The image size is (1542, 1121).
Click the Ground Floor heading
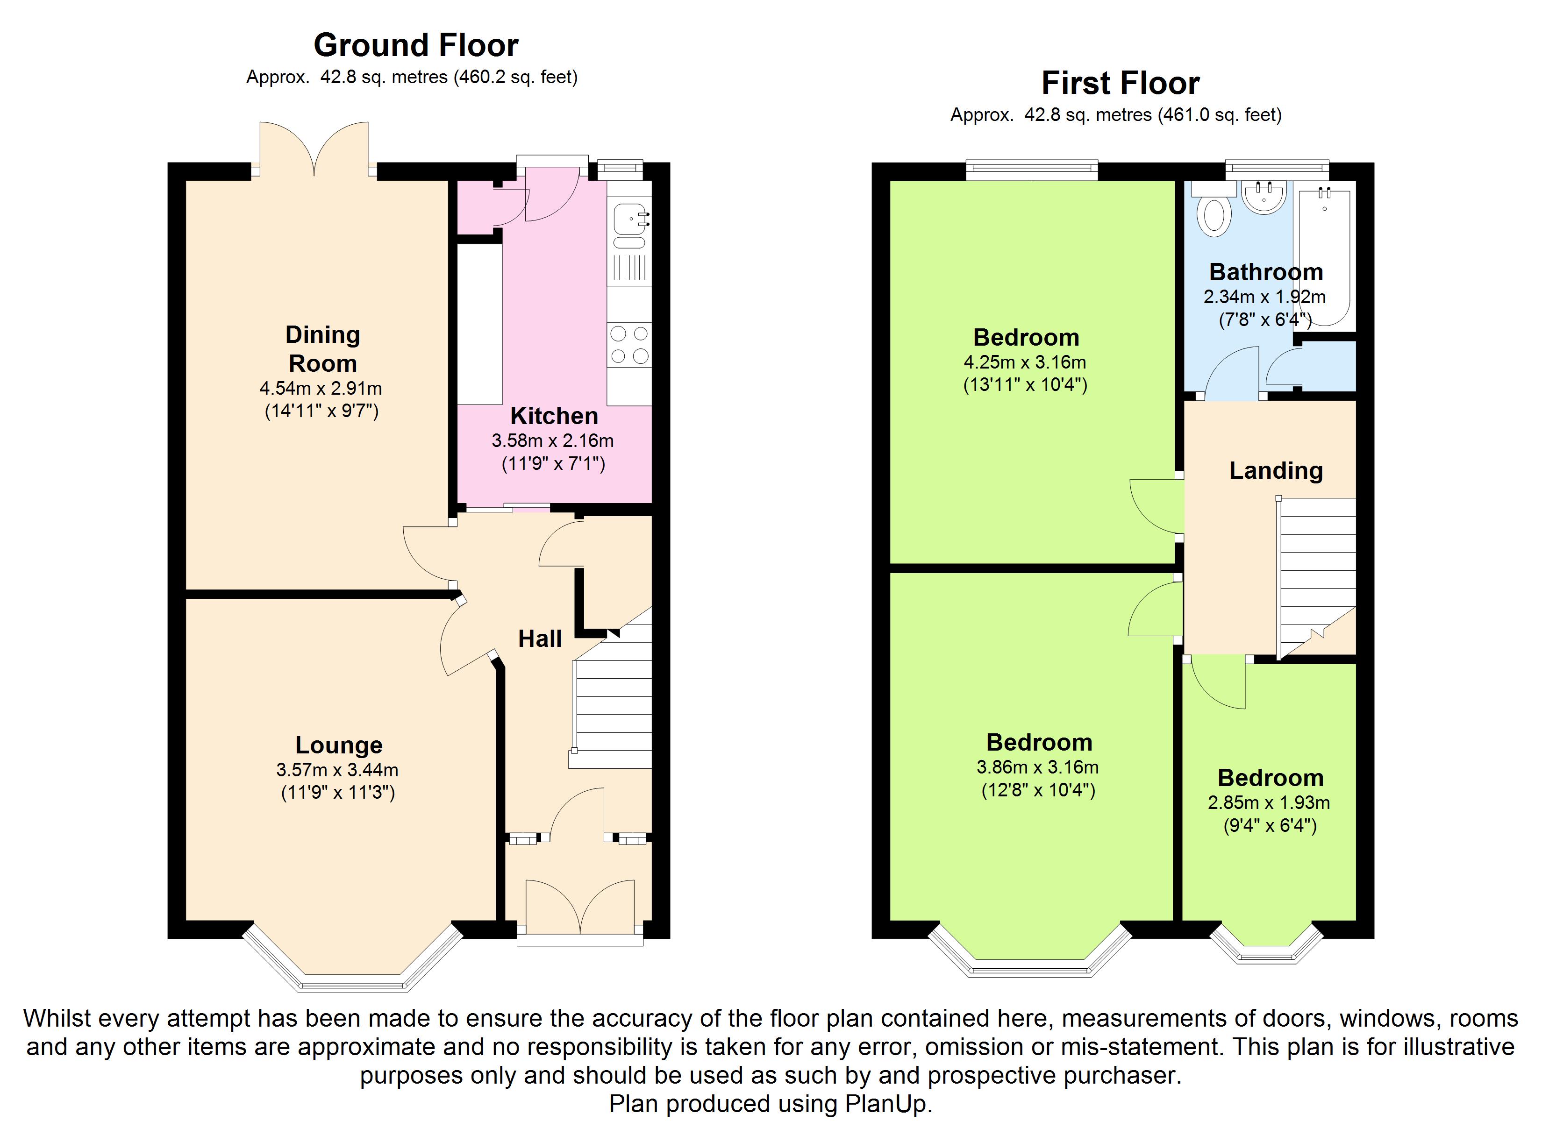(416, 46)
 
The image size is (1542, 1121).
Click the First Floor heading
(1121, 84)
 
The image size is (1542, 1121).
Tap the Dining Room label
(323, 349)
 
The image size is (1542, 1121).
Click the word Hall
(540, 639)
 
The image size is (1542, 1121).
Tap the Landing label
(1276, 470)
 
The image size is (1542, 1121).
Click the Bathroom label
(1266, 272)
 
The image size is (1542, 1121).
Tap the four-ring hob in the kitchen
(629, 345)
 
